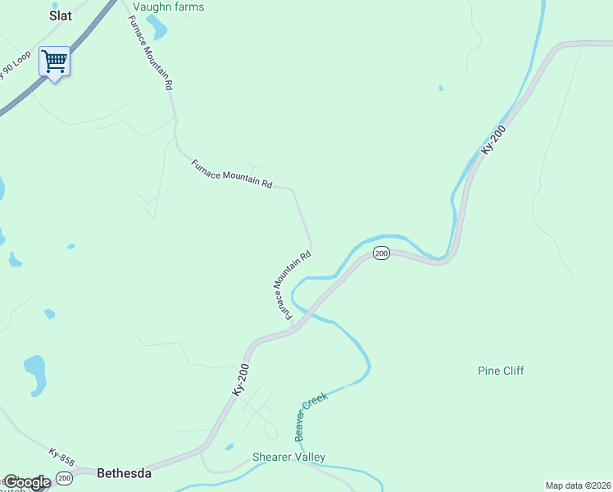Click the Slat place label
(61, 15)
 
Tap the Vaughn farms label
(168, 7)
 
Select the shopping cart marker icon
(54, 61)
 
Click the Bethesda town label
(124, 473)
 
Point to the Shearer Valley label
(288, 457)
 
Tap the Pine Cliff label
(501, 371)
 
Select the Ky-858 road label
(61, 458)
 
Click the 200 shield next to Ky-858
(65, 477)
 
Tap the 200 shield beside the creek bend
(381, 253)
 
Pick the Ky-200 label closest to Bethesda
(239, 381)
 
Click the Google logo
(26, 482)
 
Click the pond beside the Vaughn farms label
(157, 28)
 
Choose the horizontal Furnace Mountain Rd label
(232, 174)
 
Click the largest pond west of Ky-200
(35, 374)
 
